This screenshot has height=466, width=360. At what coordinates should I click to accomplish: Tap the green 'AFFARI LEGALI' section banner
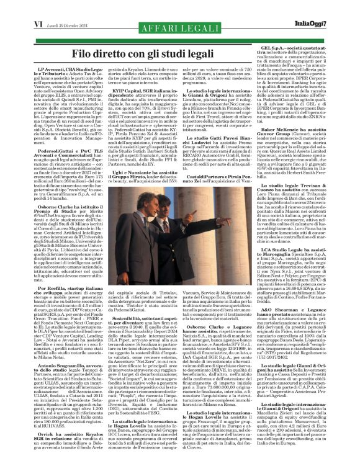click(x=179, y=25)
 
